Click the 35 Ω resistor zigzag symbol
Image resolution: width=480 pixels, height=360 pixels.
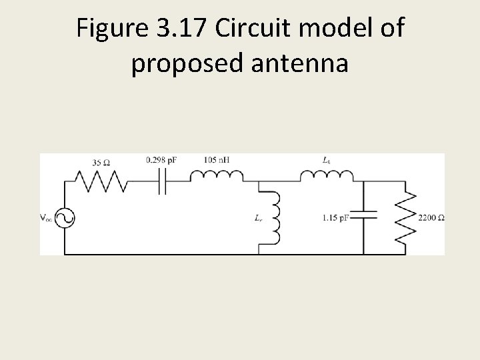tap(101, 179)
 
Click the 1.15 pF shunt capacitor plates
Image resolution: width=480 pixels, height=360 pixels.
tap(364, 215)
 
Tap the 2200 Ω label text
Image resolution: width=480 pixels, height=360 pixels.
tap(431, 218)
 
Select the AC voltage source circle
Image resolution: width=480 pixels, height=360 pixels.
tap(65, 218)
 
